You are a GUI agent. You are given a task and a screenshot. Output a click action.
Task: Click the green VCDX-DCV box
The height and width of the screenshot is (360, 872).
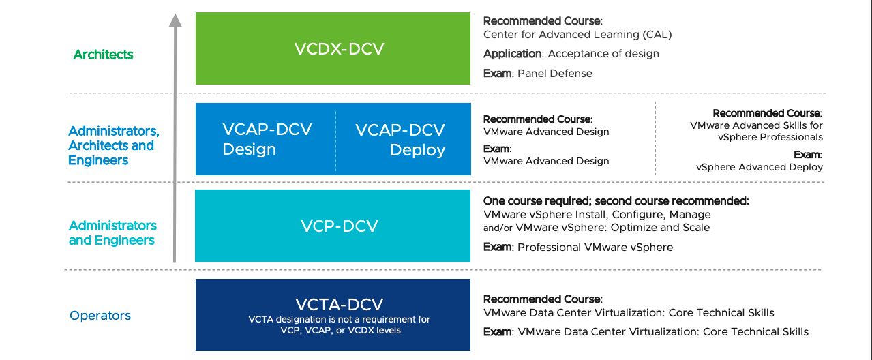point(333,48)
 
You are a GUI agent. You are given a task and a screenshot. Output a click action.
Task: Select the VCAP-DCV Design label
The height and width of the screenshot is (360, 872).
point(267,139)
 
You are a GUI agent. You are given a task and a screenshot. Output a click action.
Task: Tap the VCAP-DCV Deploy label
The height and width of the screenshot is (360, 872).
point(400,140)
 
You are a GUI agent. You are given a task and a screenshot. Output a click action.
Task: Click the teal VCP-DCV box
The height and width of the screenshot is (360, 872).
point(333,226)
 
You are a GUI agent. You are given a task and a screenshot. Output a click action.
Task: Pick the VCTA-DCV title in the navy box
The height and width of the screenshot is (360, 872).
point(339,304)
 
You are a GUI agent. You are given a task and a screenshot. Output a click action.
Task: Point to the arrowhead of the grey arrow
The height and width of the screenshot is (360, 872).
point(175,20)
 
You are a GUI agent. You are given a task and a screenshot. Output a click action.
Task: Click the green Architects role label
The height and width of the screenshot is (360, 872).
point(103,55)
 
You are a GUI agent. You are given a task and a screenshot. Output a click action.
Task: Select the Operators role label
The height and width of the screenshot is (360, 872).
point(100,315)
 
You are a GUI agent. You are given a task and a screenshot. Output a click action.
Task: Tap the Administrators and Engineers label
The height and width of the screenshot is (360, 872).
point(112,232)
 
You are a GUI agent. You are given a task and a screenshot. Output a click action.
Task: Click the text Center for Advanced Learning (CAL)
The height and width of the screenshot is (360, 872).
point(577,35)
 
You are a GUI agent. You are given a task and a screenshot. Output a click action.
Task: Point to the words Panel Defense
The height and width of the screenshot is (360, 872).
point(555,73)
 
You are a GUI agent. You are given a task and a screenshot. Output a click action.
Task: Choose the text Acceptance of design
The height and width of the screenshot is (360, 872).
point(603,53)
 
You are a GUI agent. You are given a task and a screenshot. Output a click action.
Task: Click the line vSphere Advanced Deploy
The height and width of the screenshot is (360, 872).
point(760,167)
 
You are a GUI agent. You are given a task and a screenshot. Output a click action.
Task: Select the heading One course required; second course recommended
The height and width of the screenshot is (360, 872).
point(616,201)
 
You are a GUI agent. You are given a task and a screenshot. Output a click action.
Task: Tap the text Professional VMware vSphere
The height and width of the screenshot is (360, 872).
point(595,247)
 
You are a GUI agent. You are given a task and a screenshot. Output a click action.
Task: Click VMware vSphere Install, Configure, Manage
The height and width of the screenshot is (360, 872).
point(597,215)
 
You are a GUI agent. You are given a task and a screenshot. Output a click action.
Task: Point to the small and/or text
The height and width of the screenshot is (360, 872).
point(498,228)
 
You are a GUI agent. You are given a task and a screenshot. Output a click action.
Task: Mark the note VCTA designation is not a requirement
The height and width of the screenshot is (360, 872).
point(339,325)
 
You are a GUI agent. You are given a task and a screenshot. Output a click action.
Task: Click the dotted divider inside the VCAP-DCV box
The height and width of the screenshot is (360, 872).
point(335,141)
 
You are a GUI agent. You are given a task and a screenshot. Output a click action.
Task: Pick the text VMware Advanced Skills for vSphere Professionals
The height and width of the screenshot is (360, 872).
point(756,131)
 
